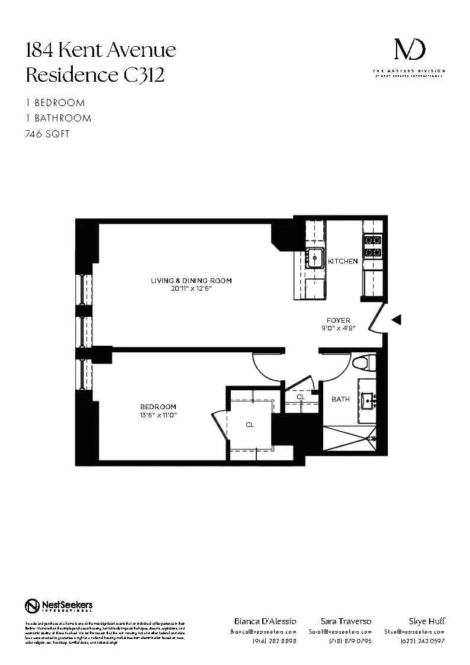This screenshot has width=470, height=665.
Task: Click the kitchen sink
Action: [314, 258]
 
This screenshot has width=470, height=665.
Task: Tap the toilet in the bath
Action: [360, 362]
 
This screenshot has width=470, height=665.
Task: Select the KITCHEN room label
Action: [343, 261]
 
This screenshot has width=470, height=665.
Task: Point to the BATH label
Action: [340, 399]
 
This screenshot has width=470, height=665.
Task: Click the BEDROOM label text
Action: [158, 407]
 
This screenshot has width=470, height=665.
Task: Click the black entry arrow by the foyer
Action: [397, 320]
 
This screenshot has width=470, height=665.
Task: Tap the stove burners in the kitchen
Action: [373, 246]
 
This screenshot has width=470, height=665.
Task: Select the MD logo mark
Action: [409, 50]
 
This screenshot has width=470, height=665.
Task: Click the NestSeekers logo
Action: [59, 606]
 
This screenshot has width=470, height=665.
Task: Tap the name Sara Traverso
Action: [346, 621]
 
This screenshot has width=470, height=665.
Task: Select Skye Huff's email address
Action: [414, 632]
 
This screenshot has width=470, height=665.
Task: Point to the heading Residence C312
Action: [95, 75]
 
